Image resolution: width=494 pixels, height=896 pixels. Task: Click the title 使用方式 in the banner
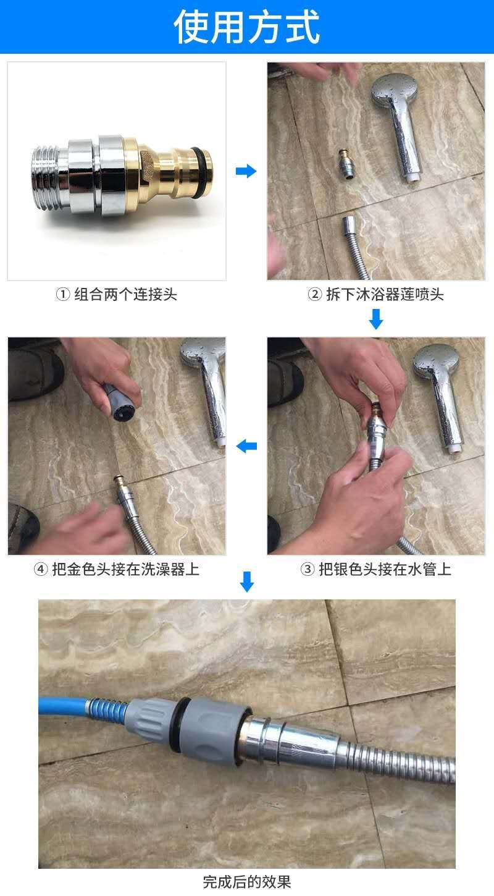[247, 27]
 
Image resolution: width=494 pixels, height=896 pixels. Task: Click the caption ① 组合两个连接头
[117, 295]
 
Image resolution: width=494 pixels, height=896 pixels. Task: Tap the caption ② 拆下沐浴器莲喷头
[376, 295]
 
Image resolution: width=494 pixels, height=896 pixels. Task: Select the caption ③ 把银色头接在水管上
[376, 569]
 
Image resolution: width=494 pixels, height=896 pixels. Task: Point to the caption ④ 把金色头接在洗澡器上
[117, 569]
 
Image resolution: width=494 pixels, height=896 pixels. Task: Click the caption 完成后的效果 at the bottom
[247, 881]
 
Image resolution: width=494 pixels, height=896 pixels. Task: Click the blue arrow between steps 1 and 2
[246, 171]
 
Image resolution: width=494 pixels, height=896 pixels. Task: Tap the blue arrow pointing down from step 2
[376, 319]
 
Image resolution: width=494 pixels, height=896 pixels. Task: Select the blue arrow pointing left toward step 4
[246, 446]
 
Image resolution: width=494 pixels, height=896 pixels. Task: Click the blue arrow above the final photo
[246, 581]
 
